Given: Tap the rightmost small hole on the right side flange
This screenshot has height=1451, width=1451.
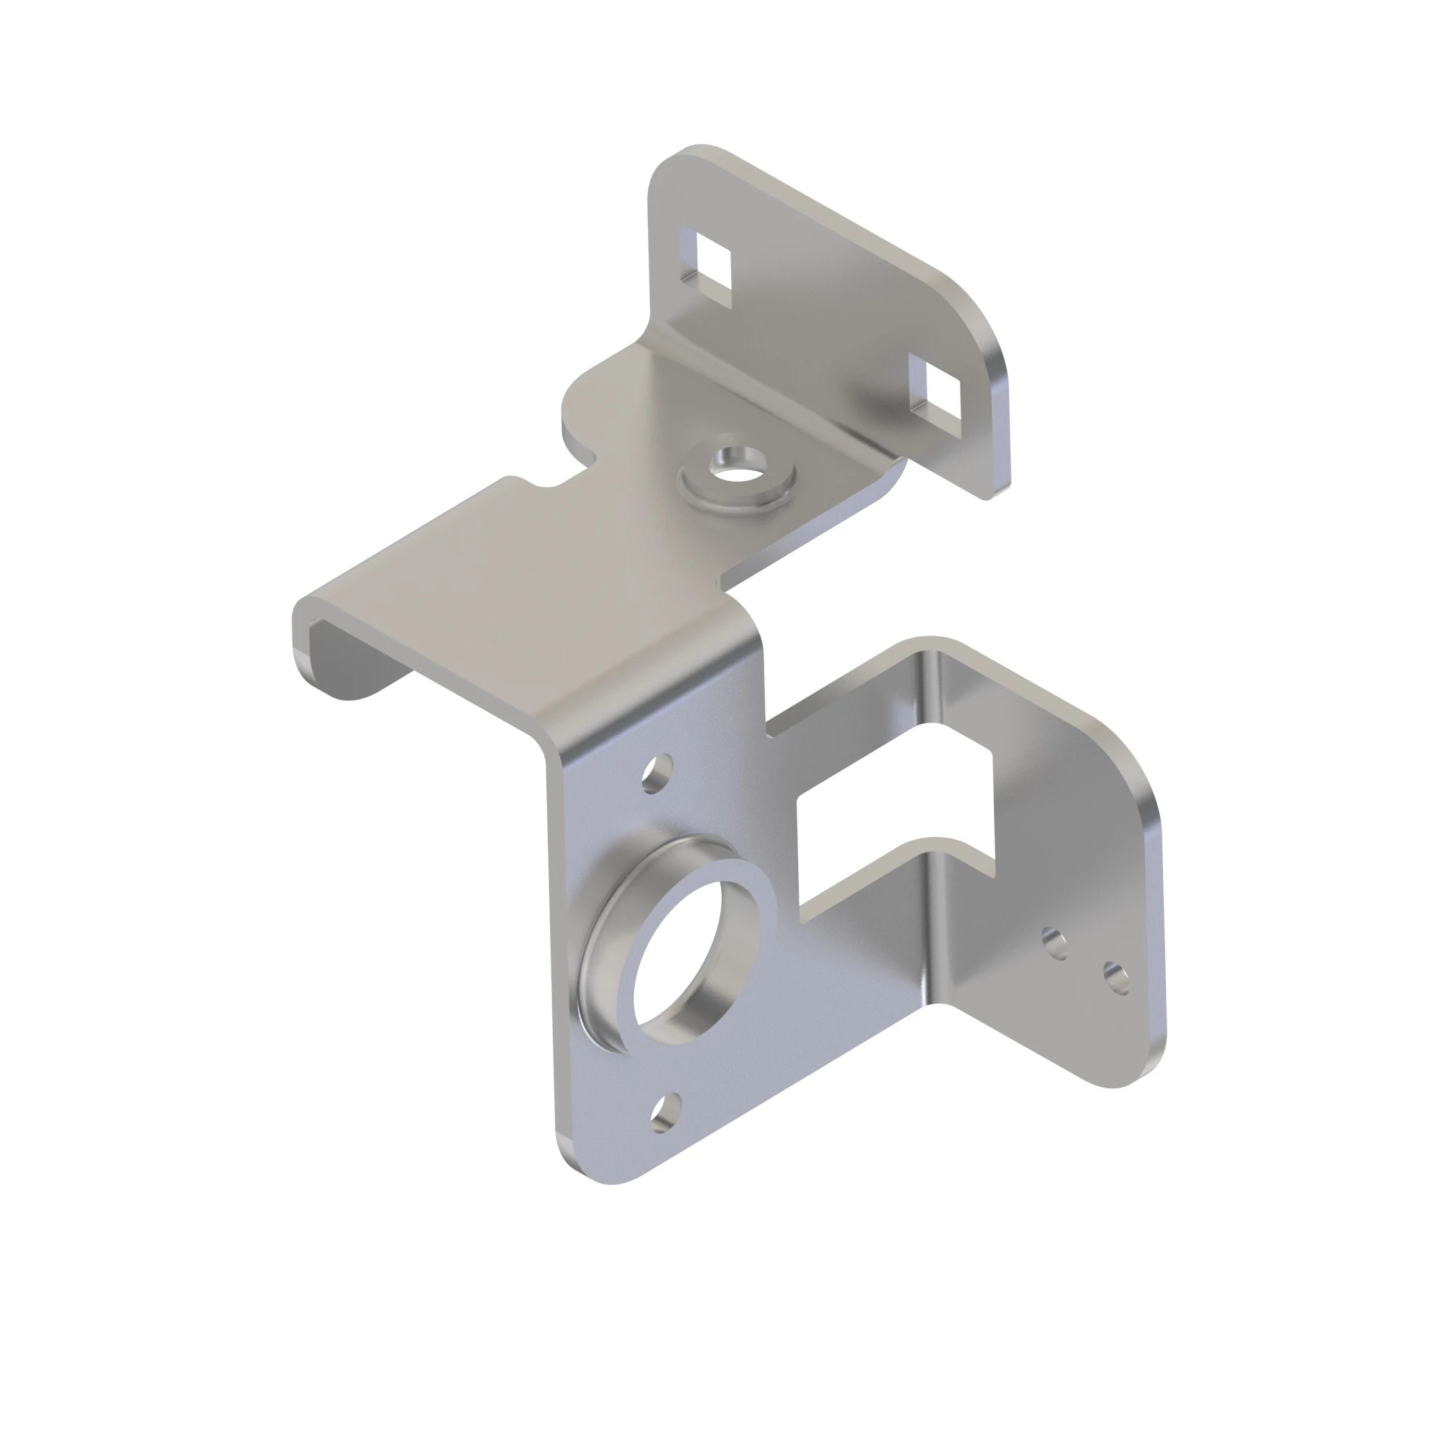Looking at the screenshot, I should click(x=1116, y=977).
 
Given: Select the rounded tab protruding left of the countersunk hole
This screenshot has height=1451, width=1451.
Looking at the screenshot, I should click(x=593, y=406).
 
